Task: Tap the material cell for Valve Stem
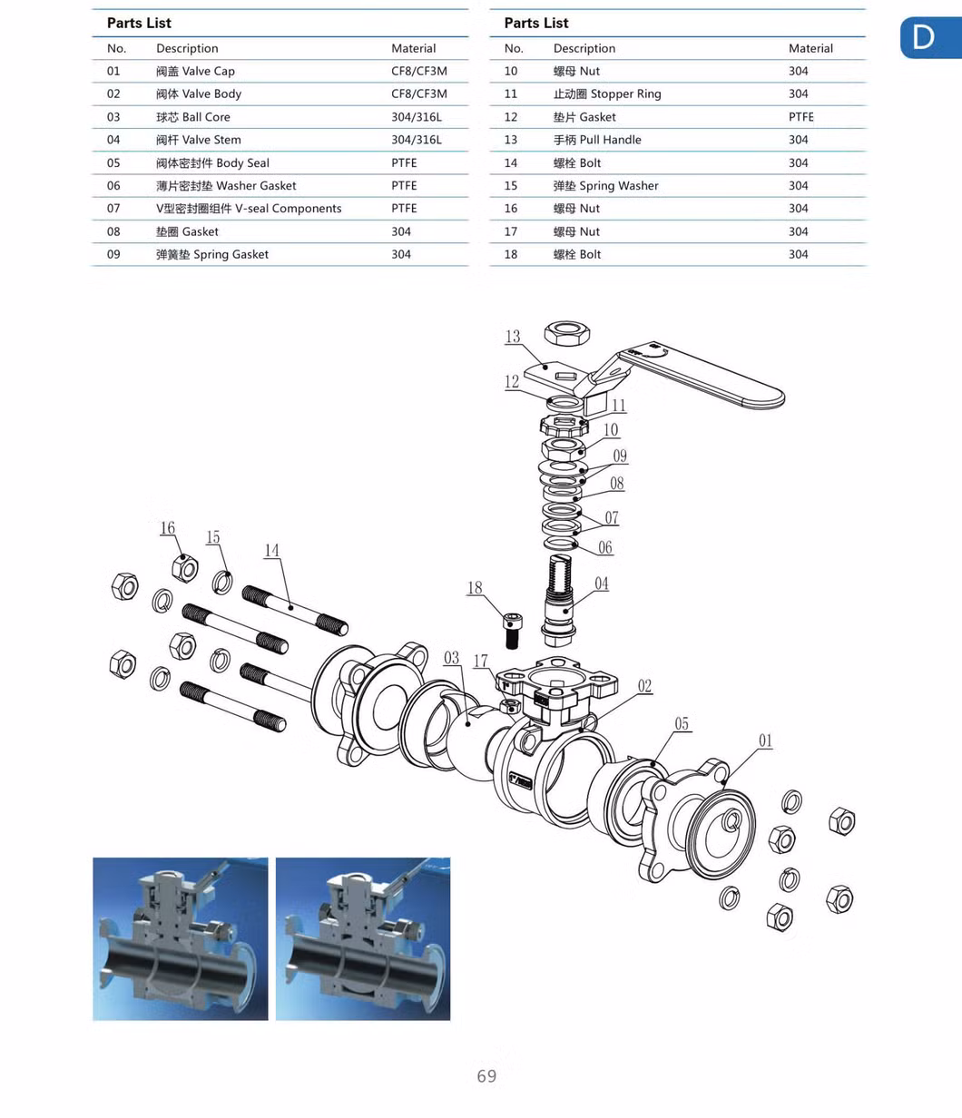[x=416, y=140]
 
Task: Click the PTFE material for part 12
[x=800, y=117]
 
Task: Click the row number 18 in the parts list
[x=511, y=254]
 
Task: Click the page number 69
[x=486, y=1076]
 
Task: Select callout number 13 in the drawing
[x=513, y=337]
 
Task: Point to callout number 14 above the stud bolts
[x=272, y=550]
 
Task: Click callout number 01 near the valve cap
[x=765, y=740]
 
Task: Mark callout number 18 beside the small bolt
[x=475, y=588]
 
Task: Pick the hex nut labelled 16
[x=185, y=567]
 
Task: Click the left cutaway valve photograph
[x=181, y=938]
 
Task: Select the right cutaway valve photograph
[x=363, y=938]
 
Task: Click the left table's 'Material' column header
[x=413, y=48]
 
